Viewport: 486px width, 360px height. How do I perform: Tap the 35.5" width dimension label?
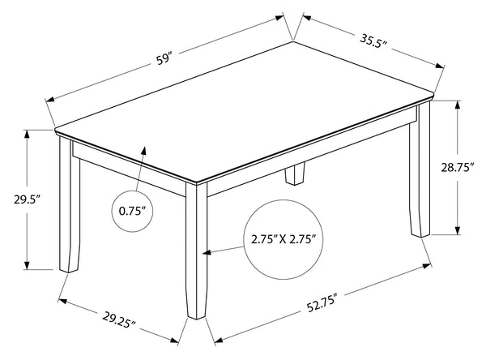point(373,41)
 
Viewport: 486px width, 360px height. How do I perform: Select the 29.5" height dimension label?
point(28,199)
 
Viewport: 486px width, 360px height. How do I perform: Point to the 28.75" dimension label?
point(458,167)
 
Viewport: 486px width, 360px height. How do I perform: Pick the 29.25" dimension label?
point(119,319)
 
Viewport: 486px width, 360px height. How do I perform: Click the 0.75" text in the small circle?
point(132,211)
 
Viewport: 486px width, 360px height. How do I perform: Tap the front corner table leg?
point(197,251)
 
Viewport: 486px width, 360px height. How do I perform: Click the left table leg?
point(70,205)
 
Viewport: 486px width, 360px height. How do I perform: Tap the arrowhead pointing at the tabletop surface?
point(143,150)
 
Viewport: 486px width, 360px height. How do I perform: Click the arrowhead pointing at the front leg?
point(207,252)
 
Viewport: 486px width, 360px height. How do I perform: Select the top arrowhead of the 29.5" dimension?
point(27,134)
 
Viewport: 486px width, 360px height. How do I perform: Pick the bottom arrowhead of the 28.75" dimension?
point(458,230)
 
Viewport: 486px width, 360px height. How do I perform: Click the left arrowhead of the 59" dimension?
point(50,100)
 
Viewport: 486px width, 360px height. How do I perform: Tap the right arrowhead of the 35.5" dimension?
point(440,66)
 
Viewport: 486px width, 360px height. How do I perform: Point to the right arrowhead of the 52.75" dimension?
point(427,266)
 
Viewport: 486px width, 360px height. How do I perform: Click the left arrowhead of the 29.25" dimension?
point(63,301)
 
